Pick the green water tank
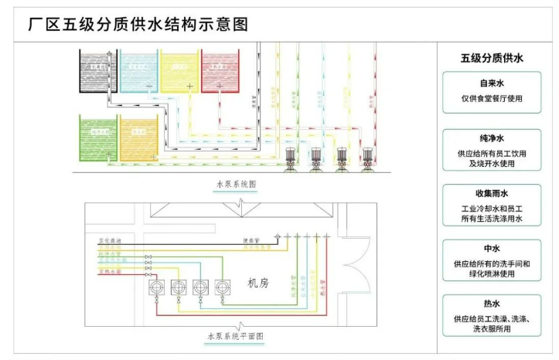tap(97, 138)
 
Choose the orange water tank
tap(138, 138)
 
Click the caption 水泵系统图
tap(236, 185)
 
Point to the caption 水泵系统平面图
tap(235, 337)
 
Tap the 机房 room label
tap(257, 284)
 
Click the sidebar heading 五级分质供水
tap(492, 58)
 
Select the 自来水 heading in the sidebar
tap(492, 82)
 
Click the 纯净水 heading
tap(492, 137)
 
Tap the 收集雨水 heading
tap(492, 193)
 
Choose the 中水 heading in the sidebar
tap(492, 250)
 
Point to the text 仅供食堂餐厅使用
tap(492, 99)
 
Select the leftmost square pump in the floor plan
tap(156, 286)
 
